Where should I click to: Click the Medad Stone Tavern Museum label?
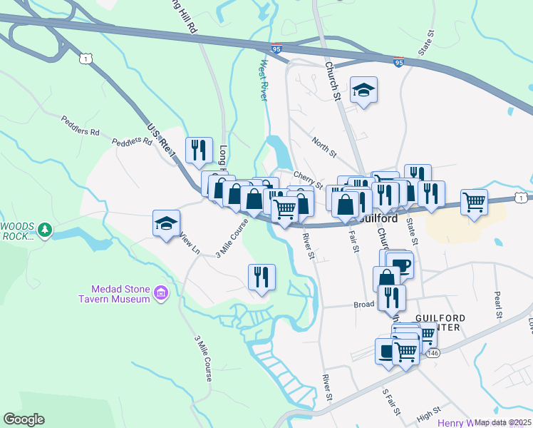click(120, 294)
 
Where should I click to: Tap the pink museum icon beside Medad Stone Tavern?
click(162, 293)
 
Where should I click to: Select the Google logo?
click(24, 419)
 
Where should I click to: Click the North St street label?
click(324, 145)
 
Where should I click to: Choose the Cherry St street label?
click(309, 179)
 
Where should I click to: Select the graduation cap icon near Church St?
click(363, 90)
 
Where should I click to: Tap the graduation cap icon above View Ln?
click(166, 223)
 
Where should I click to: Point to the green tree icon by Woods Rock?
click(46, 229)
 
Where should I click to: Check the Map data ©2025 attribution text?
click(502, 422)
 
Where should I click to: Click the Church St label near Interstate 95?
click(333, 80)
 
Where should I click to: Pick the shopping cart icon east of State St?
click(474, 202)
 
